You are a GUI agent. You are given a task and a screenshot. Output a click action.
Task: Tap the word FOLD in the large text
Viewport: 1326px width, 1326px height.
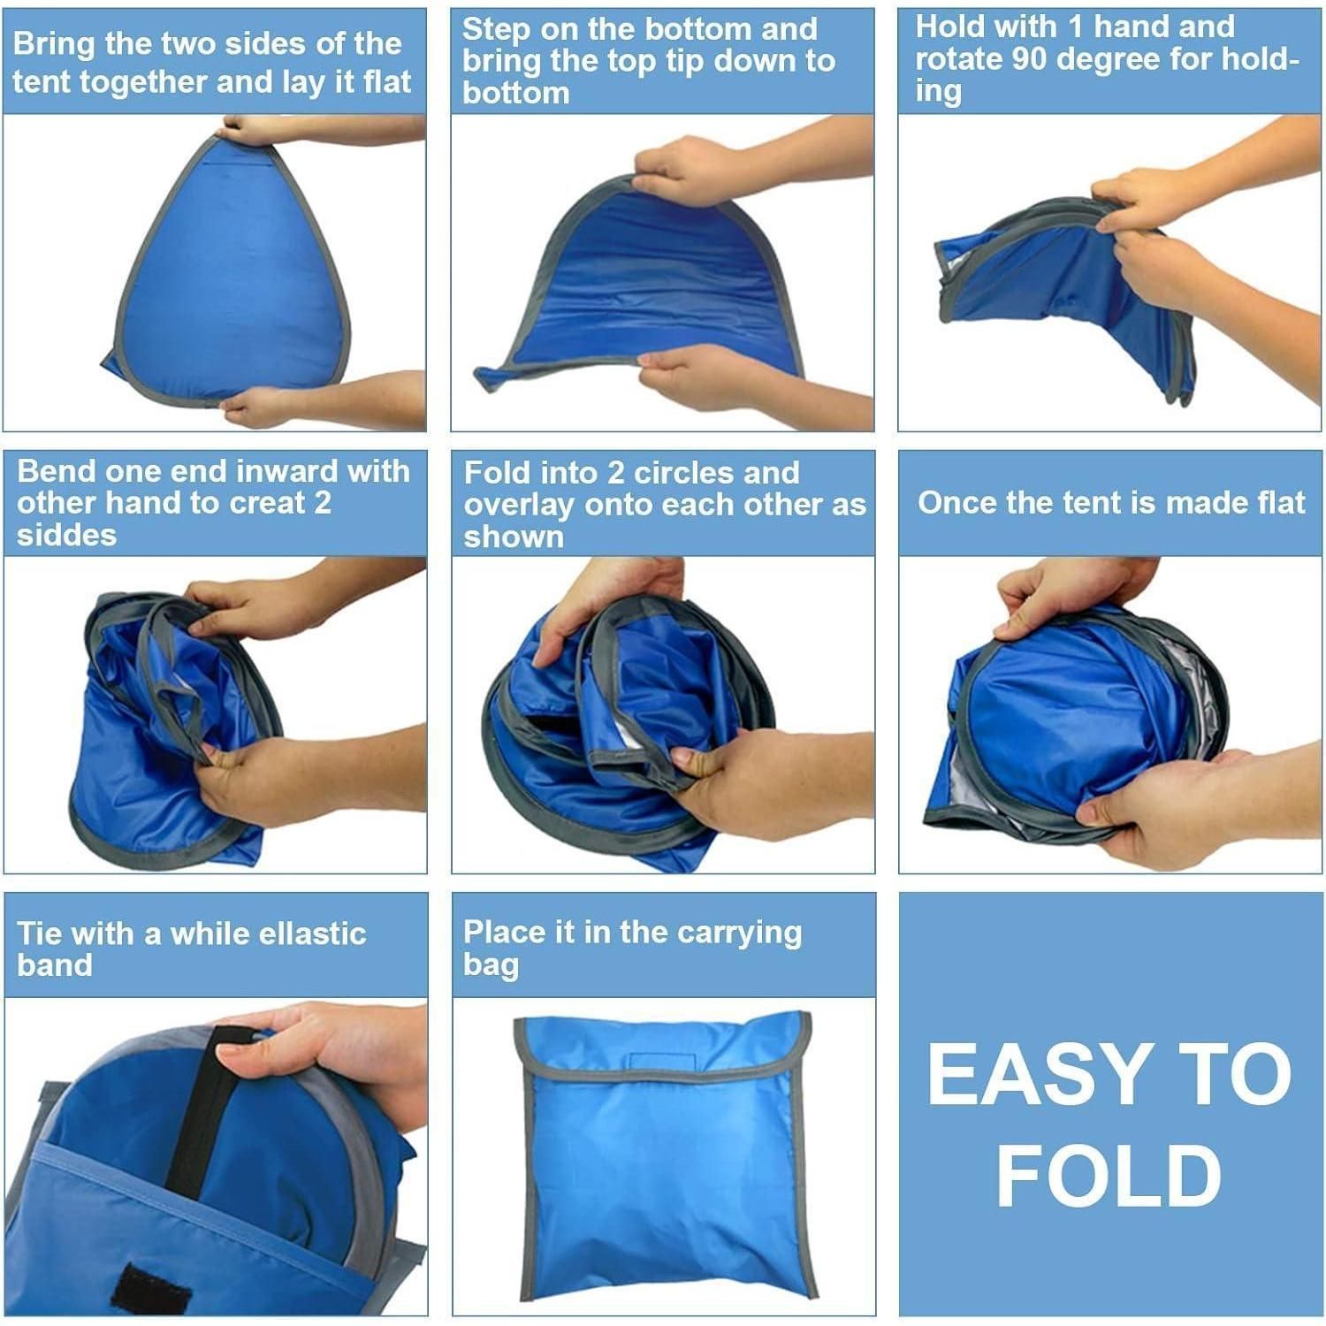coord(1109,1176)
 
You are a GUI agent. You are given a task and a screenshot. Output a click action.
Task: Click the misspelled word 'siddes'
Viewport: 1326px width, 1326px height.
coord(66,535)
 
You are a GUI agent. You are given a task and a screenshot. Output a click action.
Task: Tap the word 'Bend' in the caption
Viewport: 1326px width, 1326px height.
coord(54,471)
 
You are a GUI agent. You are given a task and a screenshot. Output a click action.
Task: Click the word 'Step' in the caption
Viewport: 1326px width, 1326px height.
coord(497,30)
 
